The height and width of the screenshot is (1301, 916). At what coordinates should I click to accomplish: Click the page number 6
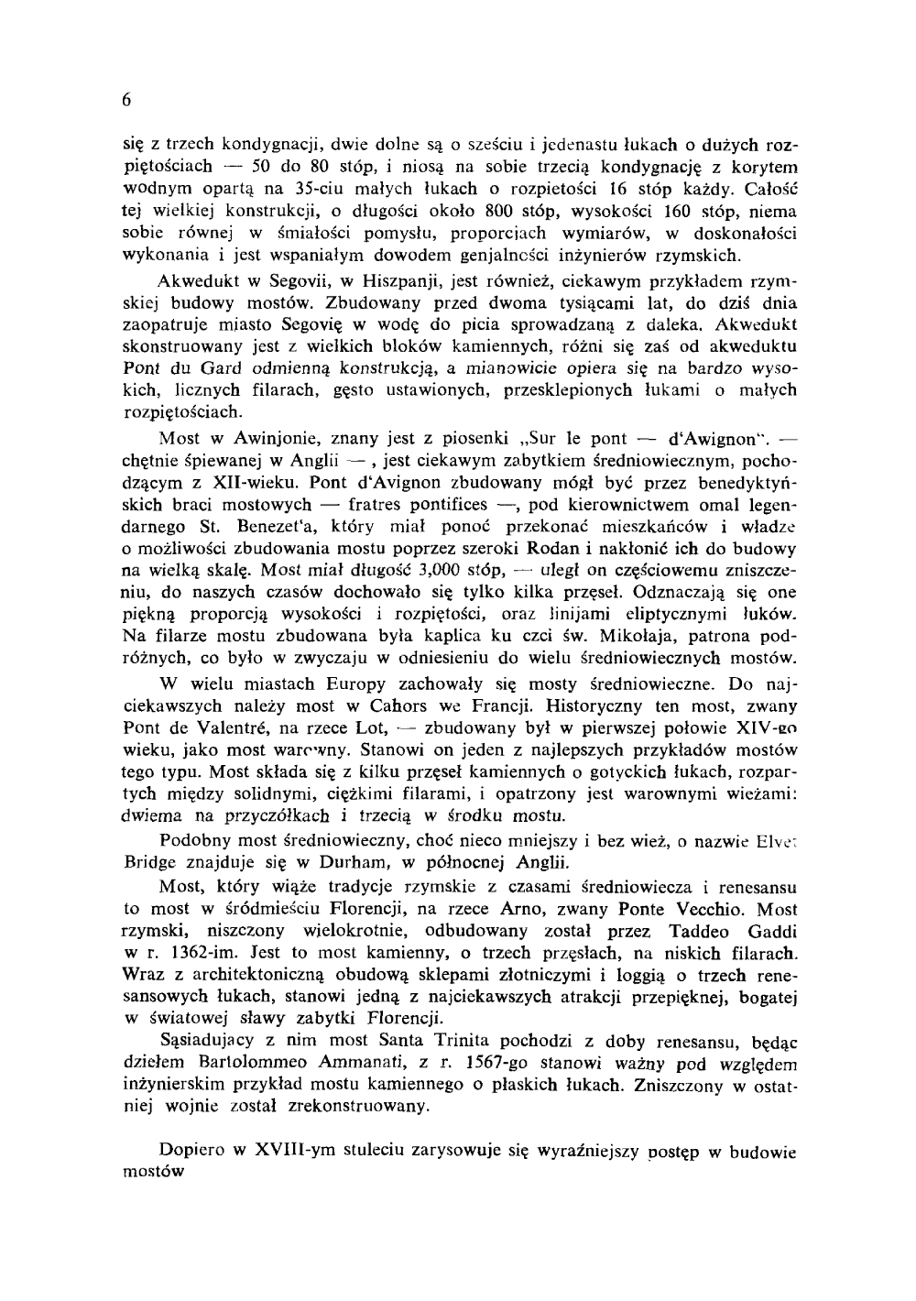point(126,101)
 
